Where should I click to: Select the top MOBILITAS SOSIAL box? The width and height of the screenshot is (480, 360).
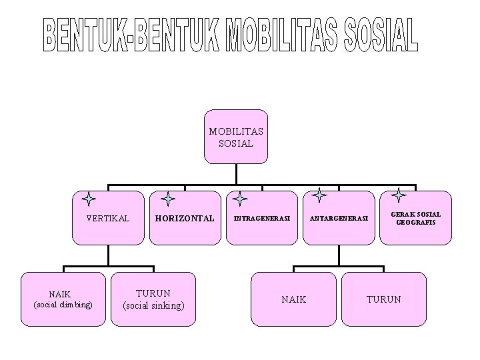pyautogui.click(x=235, y=137)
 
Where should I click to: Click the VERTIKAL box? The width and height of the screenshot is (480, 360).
pyautogui.click(x=108, y=218)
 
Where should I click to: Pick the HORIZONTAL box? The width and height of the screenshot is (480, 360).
pyautogui.click(x=185, y=218)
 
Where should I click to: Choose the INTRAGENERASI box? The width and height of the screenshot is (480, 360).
pyautogui.click(x=262, y=218)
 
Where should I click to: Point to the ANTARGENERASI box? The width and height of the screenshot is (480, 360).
pyautogui.click(x=338, y=218)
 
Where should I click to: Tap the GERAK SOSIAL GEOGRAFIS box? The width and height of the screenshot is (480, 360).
pyautogui.click(x=416, y=218)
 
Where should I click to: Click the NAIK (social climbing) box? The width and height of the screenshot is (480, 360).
pyautogui.click(x=64, y=299)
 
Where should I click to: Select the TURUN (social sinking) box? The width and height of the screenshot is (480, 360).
pyautogui.click(x=153, y=299)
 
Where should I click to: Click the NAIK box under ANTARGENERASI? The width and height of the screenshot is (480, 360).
pyautogui.click(x=294, y=299)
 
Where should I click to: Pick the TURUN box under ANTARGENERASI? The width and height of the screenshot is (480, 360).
pyautogui.click(x=384, y=299)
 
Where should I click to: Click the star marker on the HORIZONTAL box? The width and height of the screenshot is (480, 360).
pyautogui.click(x=168, y=199)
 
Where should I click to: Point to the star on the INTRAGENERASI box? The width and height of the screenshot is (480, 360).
pyautogui.click(x=241, y=199)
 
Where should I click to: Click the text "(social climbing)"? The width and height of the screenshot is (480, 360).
pyautogui.click(x=64, y=305)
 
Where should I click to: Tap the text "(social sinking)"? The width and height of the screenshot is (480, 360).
pyautogui.click(x=153, y=305)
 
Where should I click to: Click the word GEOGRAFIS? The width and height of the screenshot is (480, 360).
pyautogui.click(x=416, y=222)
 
